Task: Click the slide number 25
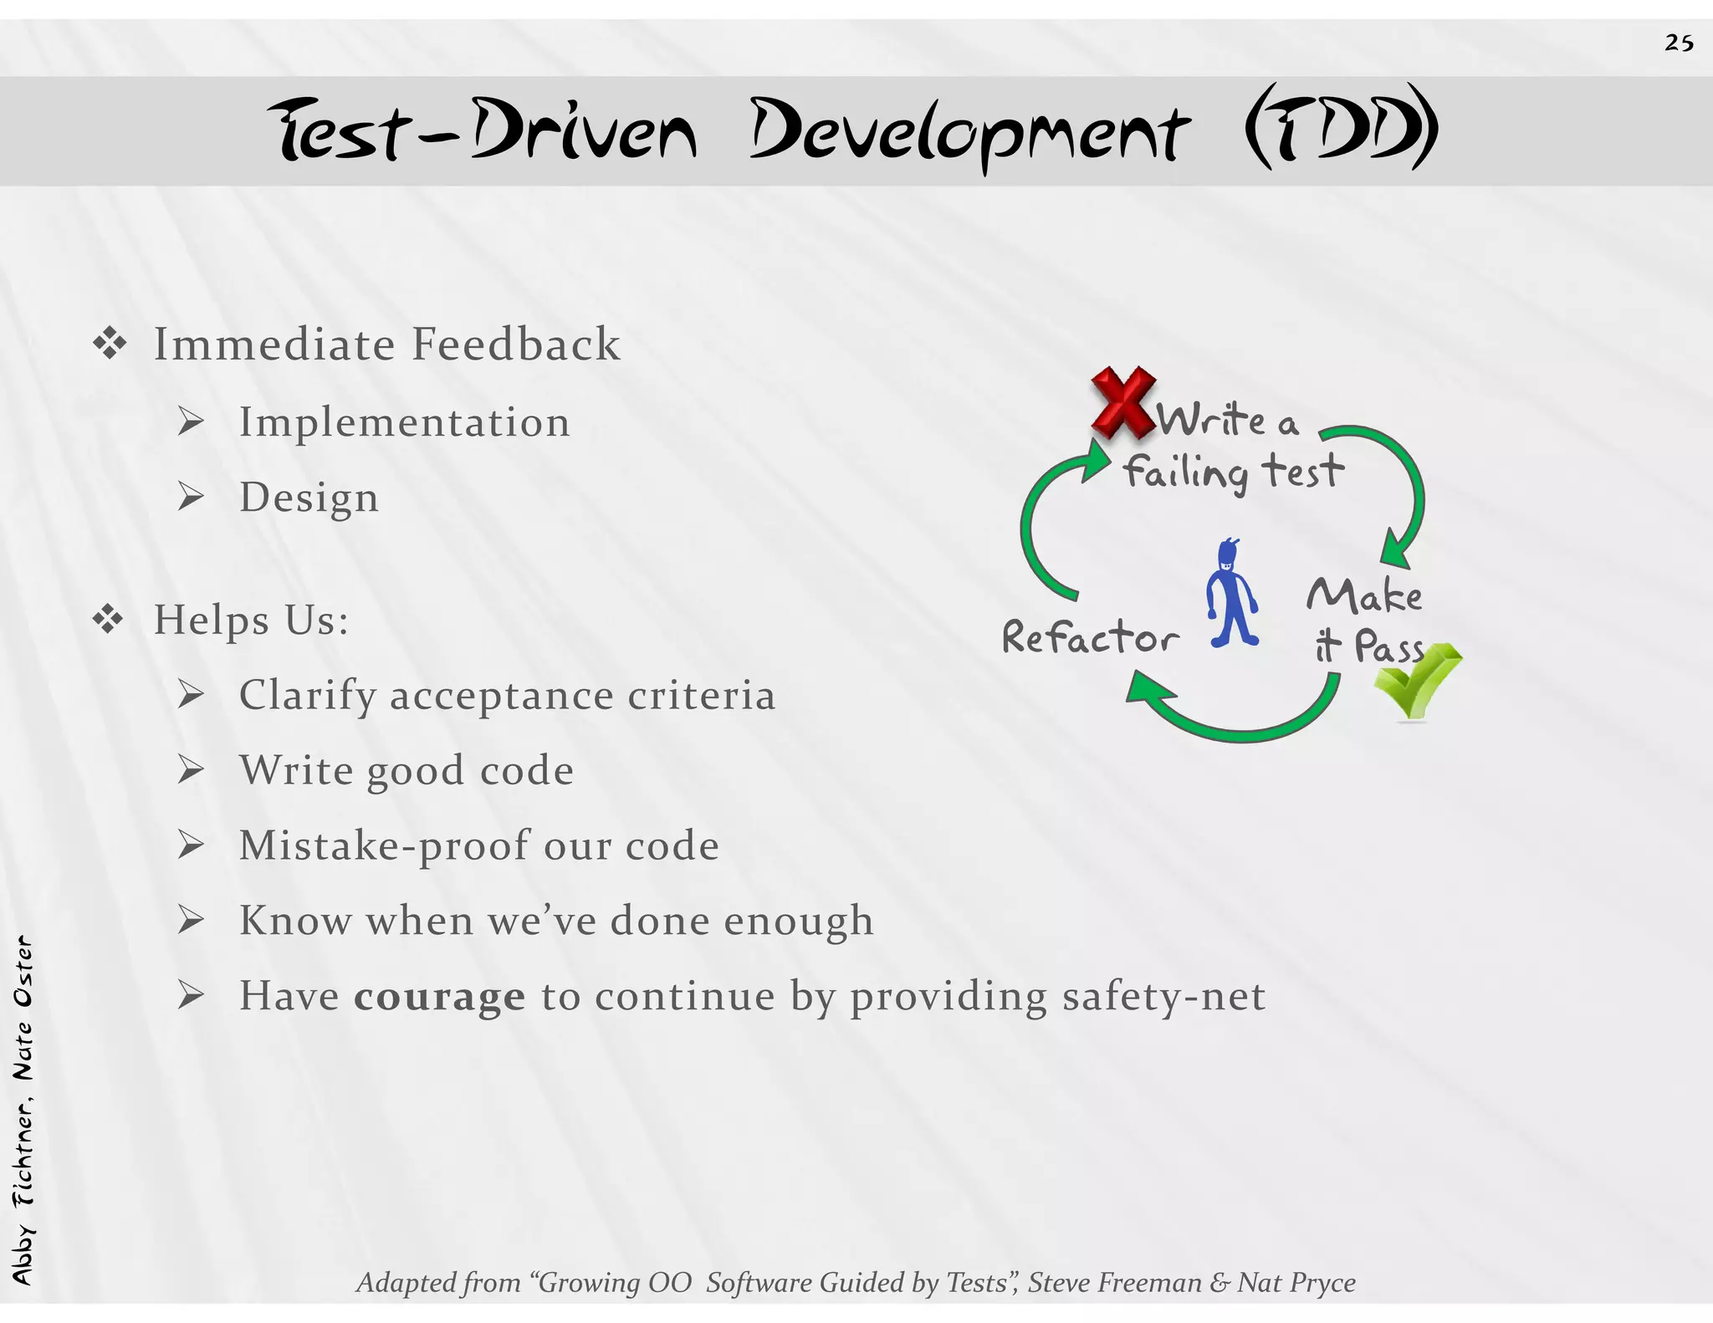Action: tap(1679, 43)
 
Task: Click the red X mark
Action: tap(1123, 402)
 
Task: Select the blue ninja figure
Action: tap(1232, 594)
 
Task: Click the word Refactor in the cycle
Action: tap(1090, 637)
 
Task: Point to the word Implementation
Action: tap(405, 422)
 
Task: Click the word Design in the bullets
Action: tap(309, 498)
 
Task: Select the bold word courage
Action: tap(439, 996)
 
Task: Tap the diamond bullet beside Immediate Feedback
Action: tap(110, 344)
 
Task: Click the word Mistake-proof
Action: tap(385, 845)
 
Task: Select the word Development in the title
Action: tap(968, 132)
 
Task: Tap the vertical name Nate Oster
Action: tap(23, 1007)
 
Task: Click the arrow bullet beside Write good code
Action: tap(191, 770)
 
